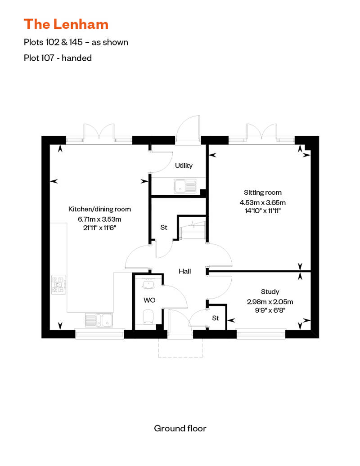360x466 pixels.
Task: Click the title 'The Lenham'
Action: pyautogui.click(x=66, y=23)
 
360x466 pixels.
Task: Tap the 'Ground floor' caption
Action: pyautogui.click(x=180, y=428)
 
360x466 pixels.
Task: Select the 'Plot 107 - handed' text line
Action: pyautogui.click(x=58, y=58)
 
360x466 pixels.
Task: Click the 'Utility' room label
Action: pyautogui.click(x=184, y=166)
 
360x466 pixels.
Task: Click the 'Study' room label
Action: pyautogui.click(x=270, y=292)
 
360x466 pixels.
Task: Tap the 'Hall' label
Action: pyautogui.click(x=185, y=271)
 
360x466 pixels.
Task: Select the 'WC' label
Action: pyautogui.click(x=149, y=299)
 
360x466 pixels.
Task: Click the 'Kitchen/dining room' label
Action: pyautogui.click(x=99, y=209)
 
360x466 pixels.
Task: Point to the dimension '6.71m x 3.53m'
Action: pyautogui.click(x=99, y=219)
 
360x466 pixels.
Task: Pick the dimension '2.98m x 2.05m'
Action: pyautogui.click(x=270, y=302)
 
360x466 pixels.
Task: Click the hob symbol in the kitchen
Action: pyautogui.click(x=59, y=285)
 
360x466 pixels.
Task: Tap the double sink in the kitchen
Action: pyautogui.click(x=99, y=320)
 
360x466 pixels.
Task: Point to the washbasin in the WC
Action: pyautogui.click(x=148, y=284)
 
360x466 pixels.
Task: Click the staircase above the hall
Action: pyautogui.click(x=193, y=229)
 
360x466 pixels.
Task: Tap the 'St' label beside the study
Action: pyautogui.click(x=216, y=318)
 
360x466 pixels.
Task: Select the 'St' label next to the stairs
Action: pyautogui.click(x=164, y=228)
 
